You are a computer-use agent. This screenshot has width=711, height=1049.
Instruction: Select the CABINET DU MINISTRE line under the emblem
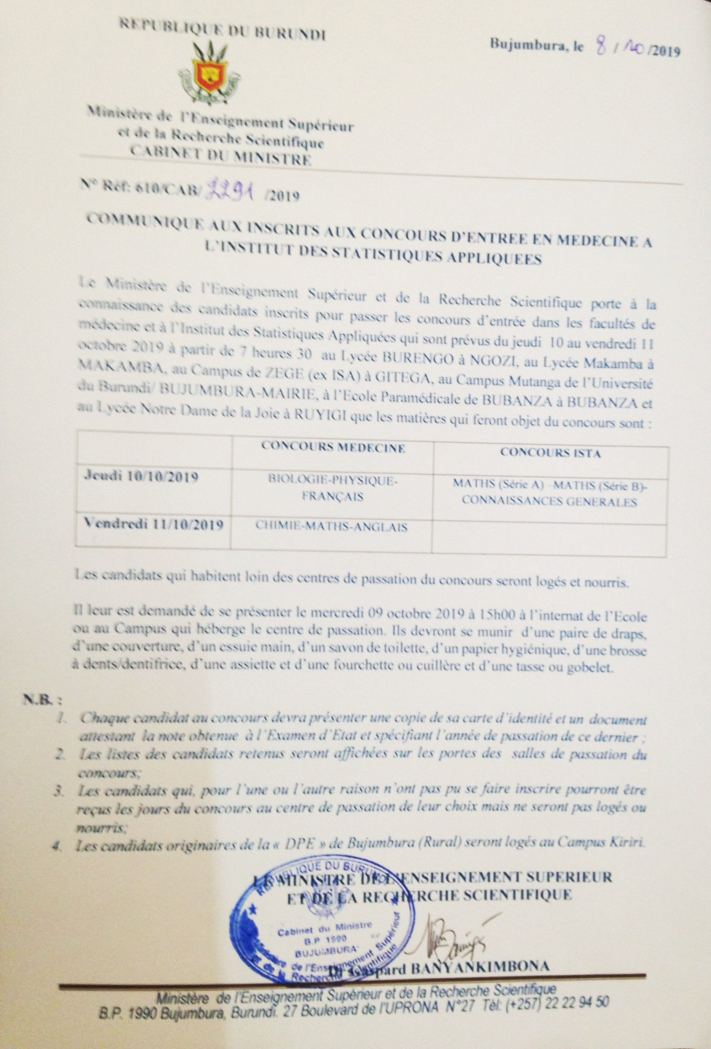221,156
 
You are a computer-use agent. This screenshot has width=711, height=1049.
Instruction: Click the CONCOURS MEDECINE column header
333,448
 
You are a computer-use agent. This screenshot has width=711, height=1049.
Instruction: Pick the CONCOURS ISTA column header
550,452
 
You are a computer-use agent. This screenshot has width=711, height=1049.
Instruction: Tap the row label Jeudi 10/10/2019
141,477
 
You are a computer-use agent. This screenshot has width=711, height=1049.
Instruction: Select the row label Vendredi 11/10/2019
153,524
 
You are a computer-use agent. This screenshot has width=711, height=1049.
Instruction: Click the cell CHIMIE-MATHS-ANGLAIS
332,527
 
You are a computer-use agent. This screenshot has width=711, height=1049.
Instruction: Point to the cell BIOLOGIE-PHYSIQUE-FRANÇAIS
333,488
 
